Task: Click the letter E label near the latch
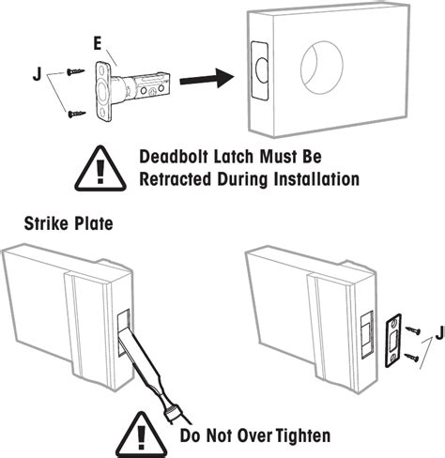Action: point(97,45)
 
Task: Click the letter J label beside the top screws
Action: point(37,69)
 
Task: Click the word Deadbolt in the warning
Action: point(182,157)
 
